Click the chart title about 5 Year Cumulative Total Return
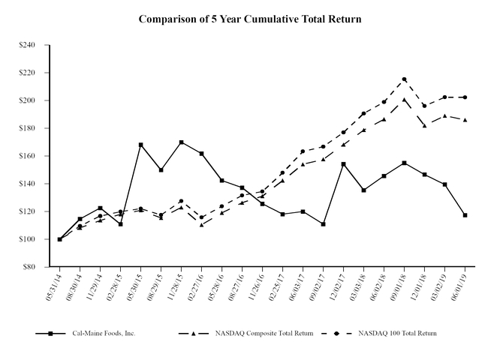click(x=250, y=19)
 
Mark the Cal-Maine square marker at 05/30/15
click(x=141, y=145)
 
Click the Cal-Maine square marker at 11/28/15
click(x=182, y=142)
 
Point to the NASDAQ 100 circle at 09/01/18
click(x=404, y=79)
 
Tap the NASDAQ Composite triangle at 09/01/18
click(x=404, y=99)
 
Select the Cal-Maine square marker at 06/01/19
click(x=465, y=215)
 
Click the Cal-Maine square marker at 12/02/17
click(x=343, y=164)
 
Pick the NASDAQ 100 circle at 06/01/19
click(x=465, y=97)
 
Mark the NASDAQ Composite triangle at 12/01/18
click(x=424, y=125)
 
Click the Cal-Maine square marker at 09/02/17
click(x=323, y=224)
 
